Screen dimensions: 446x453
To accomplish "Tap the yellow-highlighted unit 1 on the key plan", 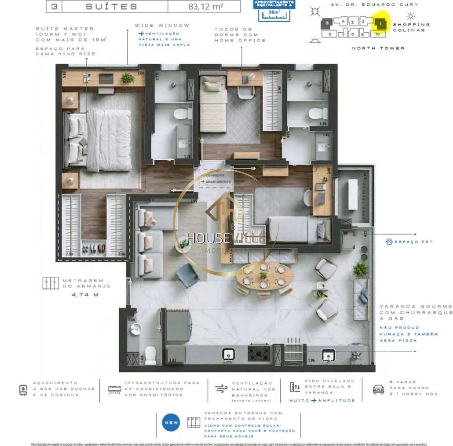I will click(380, 24).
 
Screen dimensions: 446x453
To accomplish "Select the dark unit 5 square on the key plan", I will click(327, 24).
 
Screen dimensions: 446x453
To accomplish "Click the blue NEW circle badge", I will click(171, 423).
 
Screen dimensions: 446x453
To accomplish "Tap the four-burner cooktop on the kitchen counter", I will click(259, 353).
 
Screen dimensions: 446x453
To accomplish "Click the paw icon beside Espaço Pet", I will click(389, 242).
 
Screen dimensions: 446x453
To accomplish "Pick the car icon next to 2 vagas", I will click(378, 389).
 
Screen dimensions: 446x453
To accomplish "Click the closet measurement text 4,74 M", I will click(85, 294).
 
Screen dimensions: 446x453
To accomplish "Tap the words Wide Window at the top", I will click(162, 25).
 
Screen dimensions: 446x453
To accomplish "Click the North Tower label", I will click(378, 48).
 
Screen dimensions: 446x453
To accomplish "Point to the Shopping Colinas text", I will click(411, 27).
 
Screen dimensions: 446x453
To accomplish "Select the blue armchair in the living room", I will click(187, 275).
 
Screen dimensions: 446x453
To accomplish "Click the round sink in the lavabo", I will click(136, 329).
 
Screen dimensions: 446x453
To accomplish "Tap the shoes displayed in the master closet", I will click(94, 249).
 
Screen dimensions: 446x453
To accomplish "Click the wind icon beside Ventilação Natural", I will click(221, 388).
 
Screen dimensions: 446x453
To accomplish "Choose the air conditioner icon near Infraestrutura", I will click(114, 389).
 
